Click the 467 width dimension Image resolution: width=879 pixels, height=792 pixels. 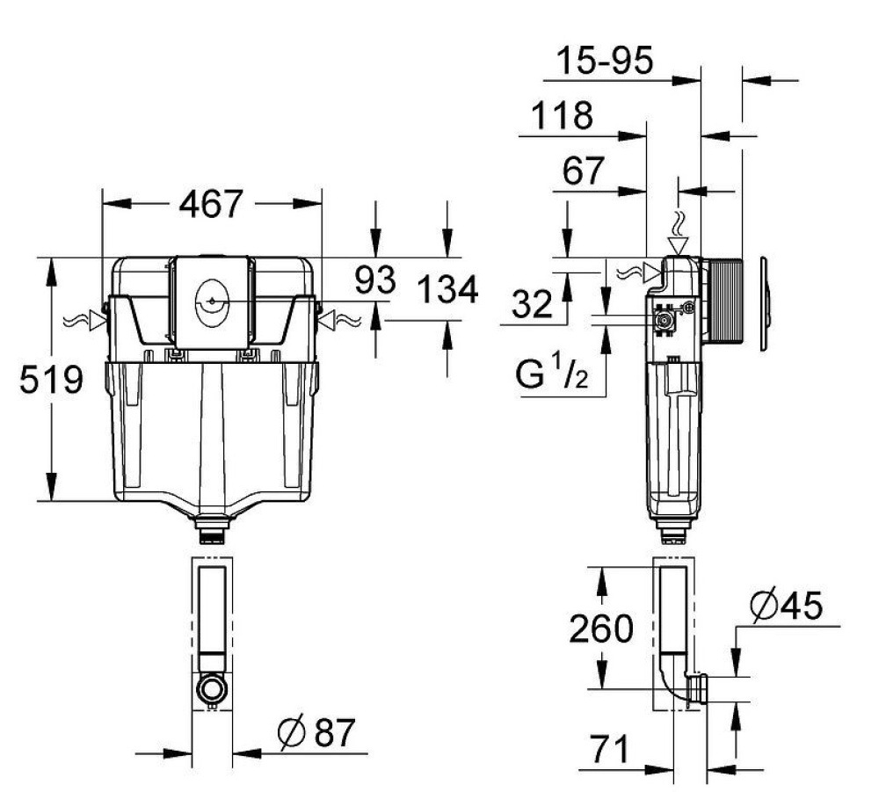[211, 204]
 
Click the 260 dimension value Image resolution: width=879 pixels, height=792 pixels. [601, 629]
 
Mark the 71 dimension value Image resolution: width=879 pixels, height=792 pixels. [609, 750]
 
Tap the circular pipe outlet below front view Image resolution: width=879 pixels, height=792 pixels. [211, 687]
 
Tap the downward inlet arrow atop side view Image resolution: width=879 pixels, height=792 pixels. [678, 238]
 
